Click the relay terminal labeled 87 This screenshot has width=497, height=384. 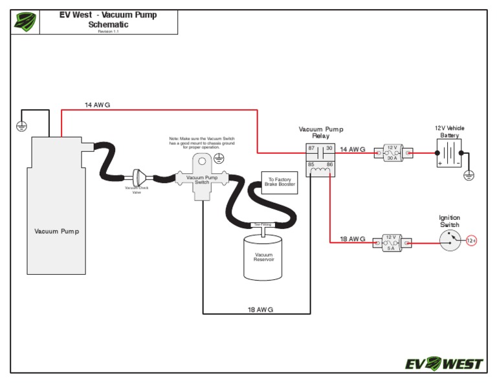click(311, 149)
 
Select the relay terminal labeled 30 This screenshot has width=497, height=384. click(329, 149)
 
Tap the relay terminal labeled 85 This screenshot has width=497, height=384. click(311, 165)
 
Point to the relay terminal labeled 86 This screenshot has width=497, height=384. click(329, 165)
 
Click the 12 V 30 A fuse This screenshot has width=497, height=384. click(392, 153)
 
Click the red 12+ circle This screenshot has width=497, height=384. click(472, 241)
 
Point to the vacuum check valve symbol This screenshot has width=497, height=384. click(137, 177)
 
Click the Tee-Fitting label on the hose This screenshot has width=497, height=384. click(262, 224)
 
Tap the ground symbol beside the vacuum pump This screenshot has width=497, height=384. click(21, 126)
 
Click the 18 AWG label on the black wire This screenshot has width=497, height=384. click(260, 310)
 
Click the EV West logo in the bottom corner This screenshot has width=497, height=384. click(444, 363)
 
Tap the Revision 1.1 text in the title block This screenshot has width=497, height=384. click(108, 31)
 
